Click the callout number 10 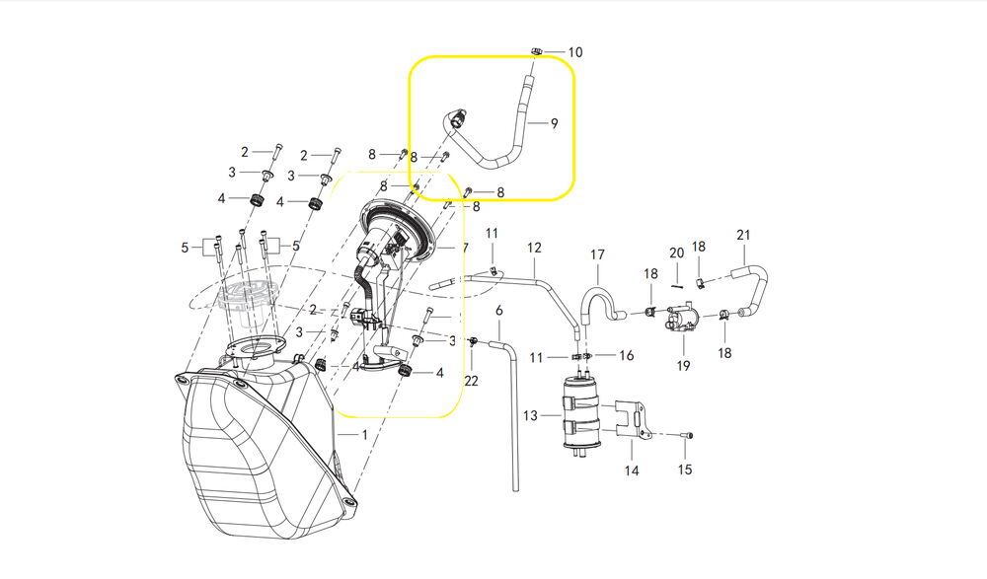(x=575, y=52)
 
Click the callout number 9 (x=554, y=123)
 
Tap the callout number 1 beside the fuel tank (x=364, y=434)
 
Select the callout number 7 (x=465, y=248)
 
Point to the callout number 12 (x=534, y=248)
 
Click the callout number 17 (x=597, y=254)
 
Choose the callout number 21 (x=743, y=235)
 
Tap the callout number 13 (x=531, y=415)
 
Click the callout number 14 (x=632, y=470)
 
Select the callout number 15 (x=685, y=470)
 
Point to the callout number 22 (x=472, y=381)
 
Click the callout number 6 (x=499, y=311)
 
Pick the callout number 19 (x=684, y=366)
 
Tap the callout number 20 (x=677, y=253)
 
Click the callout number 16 (x=627, y=355)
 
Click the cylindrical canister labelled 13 (x=581, y=413)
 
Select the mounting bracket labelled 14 (x=631, y=418)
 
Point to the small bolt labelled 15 (x=686, y=436)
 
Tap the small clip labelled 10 (x=536, y=50)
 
